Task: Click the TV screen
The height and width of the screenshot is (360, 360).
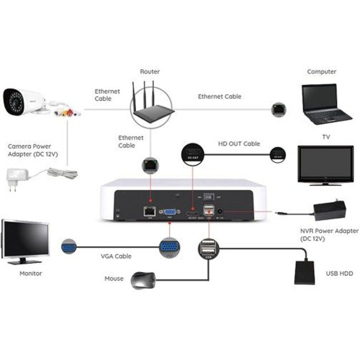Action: pyautogui.click(x=325, y=163)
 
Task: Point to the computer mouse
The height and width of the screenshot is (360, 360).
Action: pyautogui.click(x=143, y=280)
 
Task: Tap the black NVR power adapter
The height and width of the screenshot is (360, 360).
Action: pyautogui.click(x=329, y=211)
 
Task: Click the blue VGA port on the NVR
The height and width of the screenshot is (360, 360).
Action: pyautogui.click(x=170, y=211)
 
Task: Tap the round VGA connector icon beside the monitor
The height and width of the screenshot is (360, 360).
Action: pyautogui.click(x=70, y=247)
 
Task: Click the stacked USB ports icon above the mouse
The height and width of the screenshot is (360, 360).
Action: pyautogui.click(x=208, y=249)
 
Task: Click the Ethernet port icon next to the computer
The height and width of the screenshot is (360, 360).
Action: pyautogui.click(x=279, y=109)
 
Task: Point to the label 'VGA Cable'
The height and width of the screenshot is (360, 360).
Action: pyautogui.click(x=115, y=257)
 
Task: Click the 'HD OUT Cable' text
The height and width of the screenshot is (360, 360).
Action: pyautogui.click(x=239, y=144)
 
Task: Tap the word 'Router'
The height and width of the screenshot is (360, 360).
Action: pyautogui.click(x=150, y=72)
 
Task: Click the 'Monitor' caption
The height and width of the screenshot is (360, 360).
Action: pyautogui.click(x=31, y=274)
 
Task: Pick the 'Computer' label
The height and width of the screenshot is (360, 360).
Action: pyautogui.click(x=322, y=72)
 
